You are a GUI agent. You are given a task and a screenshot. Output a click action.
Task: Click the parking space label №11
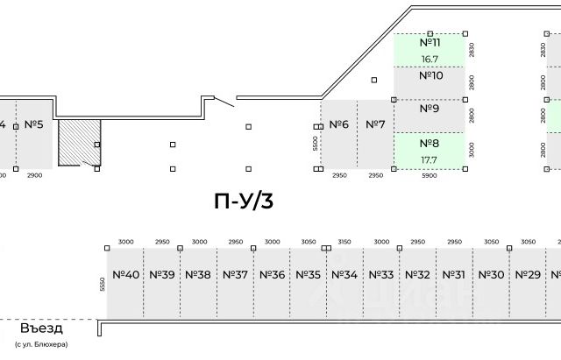point(430,42)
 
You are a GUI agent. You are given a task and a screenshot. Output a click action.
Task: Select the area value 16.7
point(430,60)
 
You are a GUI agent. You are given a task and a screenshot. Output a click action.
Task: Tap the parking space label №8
point(429,143)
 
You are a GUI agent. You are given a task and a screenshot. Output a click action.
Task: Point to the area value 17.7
point(429,160)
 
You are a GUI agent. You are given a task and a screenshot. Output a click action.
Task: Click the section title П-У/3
point(245,201)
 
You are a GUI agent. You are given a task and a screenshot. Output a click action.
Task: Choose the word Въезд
point(42,329)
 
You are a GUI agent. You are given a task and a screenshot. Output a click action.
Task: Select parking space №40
point(126,274)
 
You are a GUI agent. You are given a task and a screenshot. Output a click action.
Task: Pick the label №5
point(34,124)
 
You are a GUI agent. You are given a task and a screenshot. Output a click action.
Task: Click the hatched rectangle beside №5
point(77,143)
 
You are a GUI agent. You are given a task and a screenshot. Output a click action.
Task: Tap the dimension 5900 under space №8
point(429,176)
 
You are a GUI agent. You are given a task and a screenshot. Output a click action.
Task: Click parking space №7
point(375,124)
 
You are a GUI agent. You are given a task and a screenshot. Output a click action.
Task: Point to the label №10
point(430,75)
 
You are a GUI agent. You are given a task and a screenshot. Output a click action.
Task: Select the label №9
point(429,109)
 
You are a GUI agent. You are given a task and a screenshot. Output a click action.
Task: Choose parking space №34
point(344,274)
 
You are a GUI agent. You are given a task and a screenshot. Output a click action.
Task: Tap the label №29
point(528,274)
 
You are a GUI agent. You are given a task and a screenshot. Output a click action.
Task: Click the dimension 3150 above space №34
point(344,241)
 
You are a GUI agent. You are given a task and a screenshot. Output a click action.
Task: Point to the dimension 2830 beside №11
point(471,49)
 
